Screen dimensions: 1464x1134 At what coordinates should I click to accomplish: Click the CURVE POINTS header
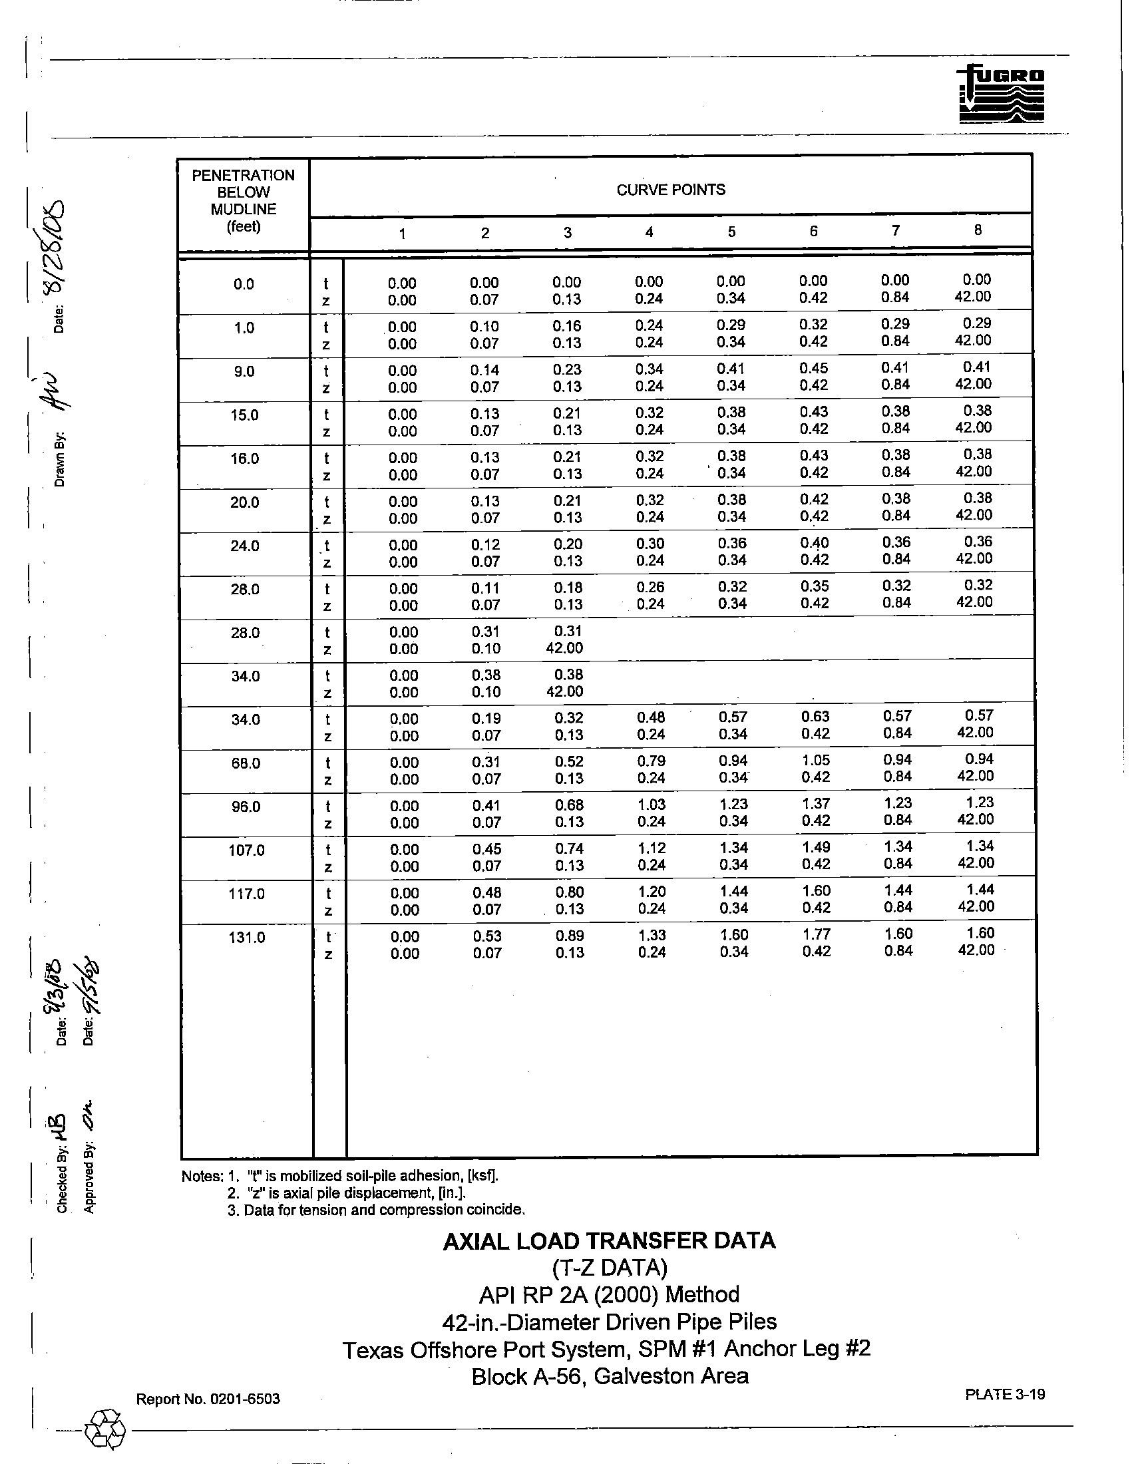(x=670, y=190)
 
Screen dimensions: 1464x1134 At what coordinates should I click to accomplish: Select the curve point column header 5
(x=731, y=232)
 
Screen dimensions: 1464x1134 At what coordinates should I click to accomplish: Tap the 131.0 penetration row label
(x=247, y=937)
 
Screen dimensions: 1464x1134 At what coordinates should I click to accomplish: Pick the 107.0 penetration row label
(x=247, y=850)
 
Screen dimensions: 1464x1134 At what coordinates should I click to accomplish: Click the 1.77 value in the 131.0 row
(x=816, y=934)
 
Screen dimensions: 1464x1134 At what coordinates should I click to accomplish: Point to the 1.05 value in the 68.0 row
(x=815, y=760)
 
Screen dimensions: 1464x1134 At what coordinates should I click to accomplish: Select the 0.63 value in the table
(x=815, y=717)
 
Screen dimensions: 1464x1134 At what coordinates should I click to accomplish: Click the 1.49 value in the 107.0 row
(x=816, y=847)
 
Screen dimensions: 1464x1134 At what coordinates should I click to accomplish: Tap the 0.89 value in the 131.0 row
(x=570, y=935)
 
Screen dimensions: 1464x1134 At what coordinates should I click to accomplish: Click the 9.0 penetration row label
(x=244, y=371)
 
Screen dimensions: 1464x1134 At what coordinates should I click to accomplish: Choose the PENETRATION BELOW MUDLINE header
(x=244, y=200)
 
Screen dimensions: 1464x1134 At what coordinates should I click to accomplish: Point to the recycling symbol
(x=104, y=1432)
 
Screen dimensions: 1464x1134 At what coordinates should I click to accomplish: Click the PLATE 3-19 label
(x=1005, y=1394)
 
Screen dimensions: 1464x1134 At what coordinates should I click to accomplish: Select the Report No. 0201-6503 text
(x=208, y=1399)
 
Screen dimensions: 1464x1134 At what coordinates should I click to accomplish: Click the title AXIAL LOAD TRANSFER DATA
(x=609, y=1241)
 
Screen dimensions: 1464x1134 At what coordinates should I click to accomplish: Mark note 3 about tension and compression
(x=376, y=1210)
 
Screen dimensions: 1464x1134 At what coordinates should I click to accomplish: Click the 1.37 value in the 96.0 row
(x=815, y=804)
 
